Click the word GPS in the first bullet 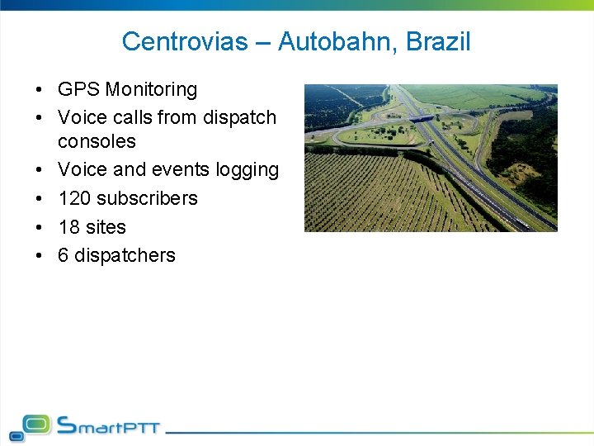click(x=78, y=89)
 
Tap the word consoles click(x=97, y=141)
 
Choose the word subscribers click(x=147, y=198)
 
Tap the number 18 click(x=68, y=227)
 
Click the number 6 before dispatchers click(x=64, y=255)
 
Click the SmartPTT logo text click(x=108, y=426)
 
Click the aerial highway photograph click(x=431, y=158)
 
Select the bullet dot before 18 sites click(x=40, y=227)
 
